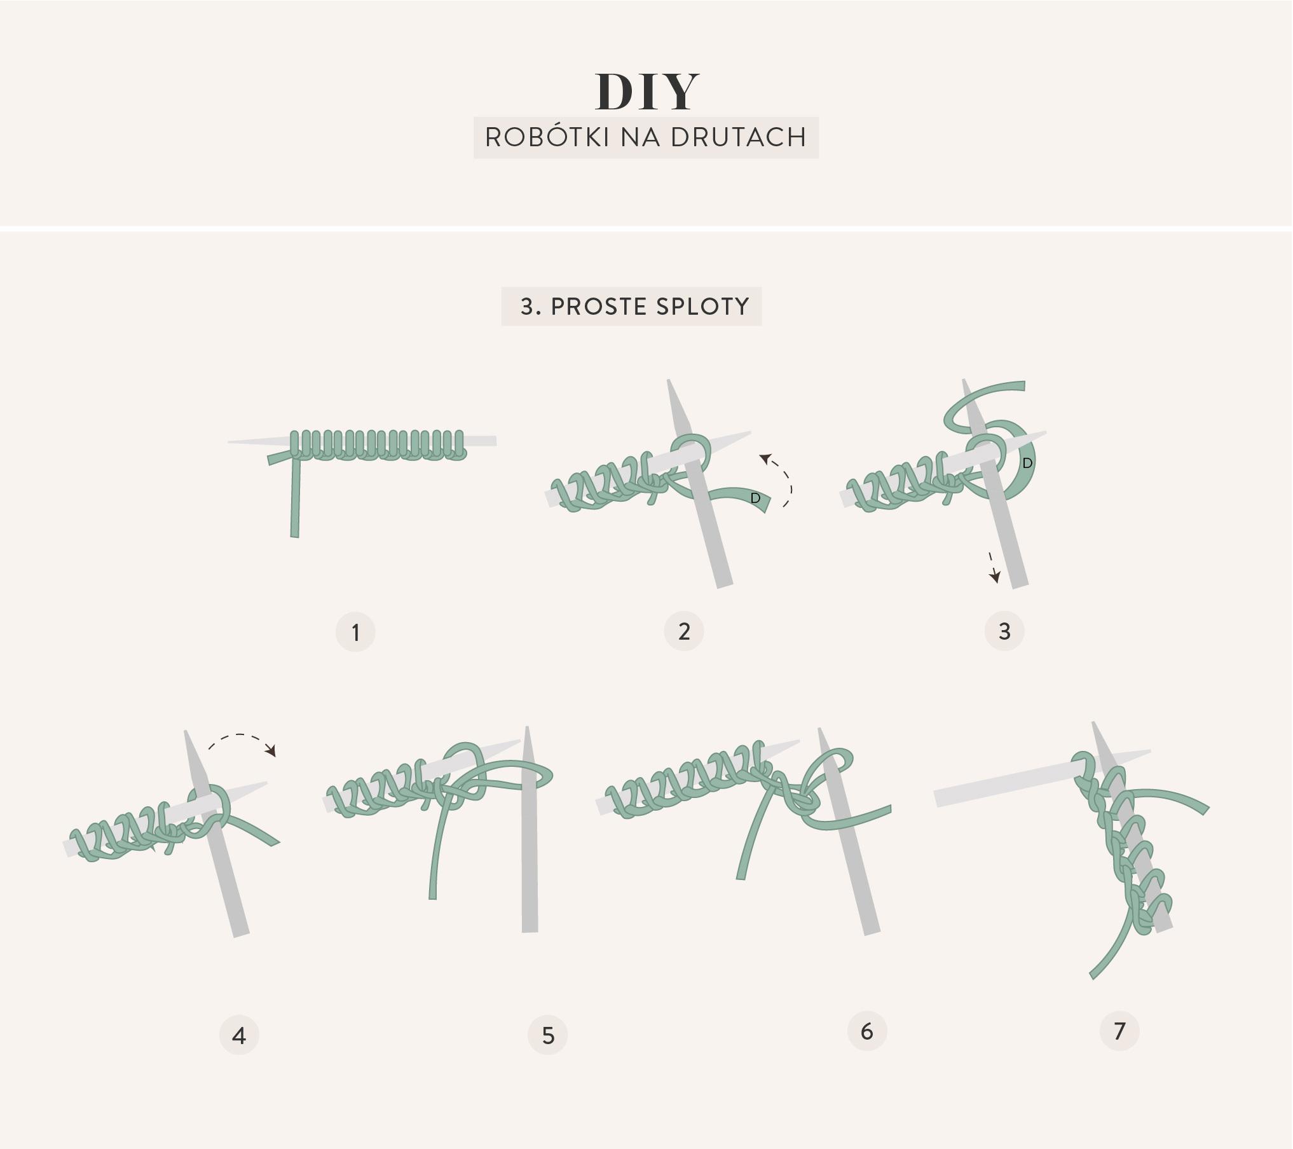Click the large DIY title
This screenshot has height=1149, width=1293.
[x=646, y=92]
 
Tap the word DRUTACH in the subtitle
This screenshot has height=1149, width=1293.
[x=739, y=137]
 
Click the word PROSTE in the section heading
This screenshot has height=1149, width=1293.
[x=599, y=306]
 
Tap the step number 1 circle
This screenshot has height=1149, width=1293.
[x=355, y=632]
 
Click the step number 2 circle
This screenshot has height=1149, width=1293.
[x=684, y=631]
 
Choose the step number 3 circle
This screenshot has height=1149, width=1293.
[x=1004, y=631]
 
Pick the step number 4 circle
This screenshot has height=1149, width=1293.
[x=239, y=1035]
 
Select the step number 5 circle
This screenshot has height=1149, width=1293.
[x=548, y=1035]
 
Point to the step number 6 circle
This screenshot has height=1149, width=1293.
[x=867, y=1031]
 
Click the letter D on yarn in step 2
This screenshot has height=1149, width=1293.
[x=755, y=498]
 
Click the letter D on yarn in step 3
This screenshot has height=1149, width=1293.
[x=1027, y=464]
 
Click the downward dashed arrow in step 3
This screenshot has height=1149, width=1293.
[x=992, y=567]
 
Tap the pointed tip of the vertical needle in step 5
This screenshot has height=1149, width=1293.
[x=527, y=728]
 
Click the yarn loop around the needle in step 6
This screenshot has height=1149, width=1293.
[x=807, y=802]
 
